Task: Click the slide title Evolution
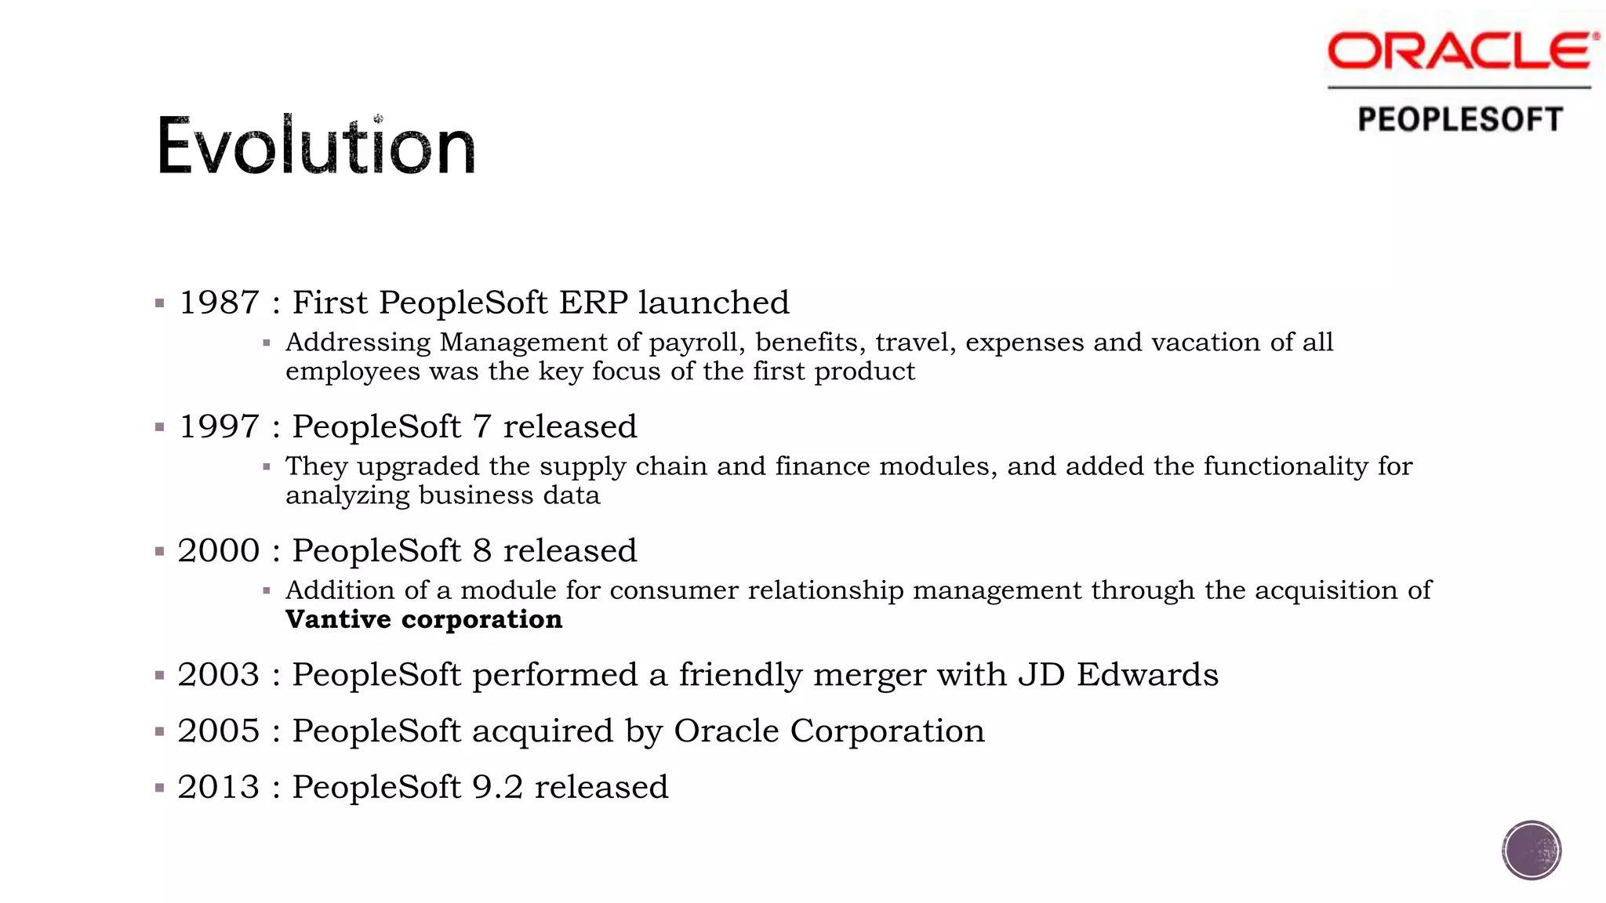click(316, 146)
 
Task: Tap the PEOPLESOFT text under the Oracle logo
click(1460, 120)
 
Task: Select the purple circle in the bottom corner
click(1532, 850)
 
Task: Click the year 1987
click(220, 303)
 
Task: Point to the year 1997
click(220, 426)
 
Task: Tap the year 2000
click(219, 550)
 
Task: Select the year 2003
click(219, 674)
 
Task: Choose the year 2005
click(219, 731)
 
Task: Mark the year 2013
click(219, 787)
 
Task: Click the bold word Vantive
click(338, 619)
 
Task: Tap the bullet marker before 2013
click(160, 788)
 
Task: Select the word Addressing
click(358, 343)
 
